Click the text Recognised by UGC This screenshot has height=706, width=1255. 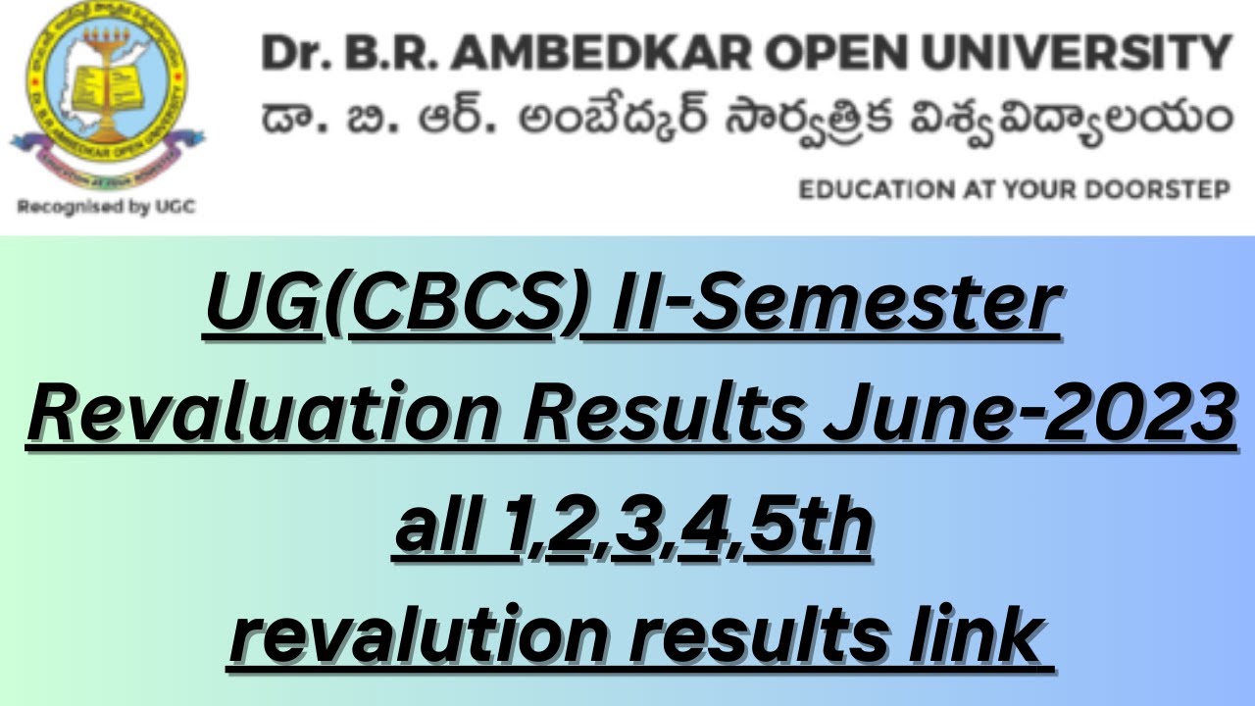point(107,207)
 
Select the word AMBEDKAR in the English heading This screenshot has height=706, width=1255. point(599,52)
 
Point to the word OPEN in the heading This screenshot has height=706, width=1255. point(835,52)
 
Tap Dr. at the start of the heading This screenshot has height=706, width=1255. point(295,52)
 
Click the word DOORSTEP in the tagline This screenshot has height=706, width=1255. point(1157,189)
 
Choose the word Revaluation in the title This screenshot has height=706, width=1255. point(264,413)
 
